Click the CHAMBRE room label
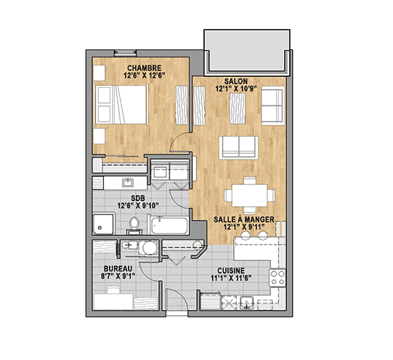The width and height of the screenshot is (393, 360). click(144, 67)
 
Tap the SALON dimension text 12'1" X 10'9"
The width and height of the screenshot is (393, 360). click(236, 89)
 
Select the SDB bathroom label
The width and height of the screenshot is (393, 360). click(138, 198)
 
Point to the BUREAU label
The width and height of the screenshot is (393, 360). click(118, 269)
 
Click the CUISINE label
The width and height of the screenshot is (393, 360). click(231, 271)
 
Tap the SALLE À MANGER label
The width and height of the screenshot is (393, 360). click(244, 219)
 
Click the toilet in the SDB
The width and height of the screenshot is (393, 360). click(134, 225)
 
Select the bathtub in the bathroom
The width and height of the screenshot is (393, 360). click(170, 225)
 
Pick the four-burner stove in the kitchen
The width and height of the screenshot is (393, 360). click(277, 277)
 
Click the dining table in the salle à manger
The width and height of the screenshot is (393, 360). click(249, 195)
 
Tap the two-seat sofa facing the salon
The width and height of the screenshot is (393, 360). click(238, 147)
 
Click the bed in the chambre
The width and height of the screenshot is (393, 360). click(121, 105)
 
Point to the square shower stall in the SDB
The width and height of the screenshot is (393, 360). click(103, 224)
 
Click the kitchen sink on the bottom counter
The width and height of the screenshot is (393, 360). click(247, 302)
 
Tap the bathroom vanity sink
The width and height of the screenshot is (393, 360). click(128, 182)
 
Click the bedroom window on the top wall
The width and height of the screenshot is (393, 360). click(126, 53)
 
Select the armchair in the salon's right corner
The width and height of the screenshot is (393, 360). click(272, 105)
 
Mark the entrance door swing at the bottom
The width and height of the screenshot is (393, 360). click(177, 299)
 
